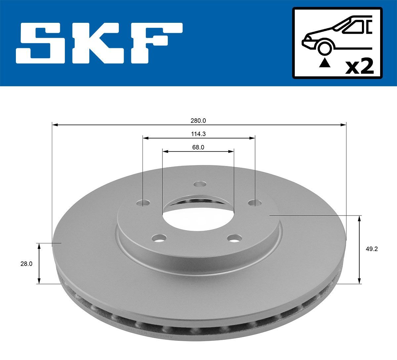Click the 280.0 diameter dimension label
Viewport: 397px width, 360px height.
point(198,121)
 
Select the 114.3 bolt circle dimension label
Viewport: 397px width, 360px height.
point(198,134)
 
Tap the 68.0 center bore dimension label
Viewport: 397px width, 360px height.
point(198,147)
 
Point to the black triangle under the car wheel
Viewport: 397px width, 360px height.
point(325,62)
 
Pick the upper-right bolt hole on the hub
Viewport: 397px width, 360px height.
point(254,202)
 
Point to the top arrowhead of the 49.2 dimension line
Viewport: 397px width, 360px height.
point(359,218)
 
